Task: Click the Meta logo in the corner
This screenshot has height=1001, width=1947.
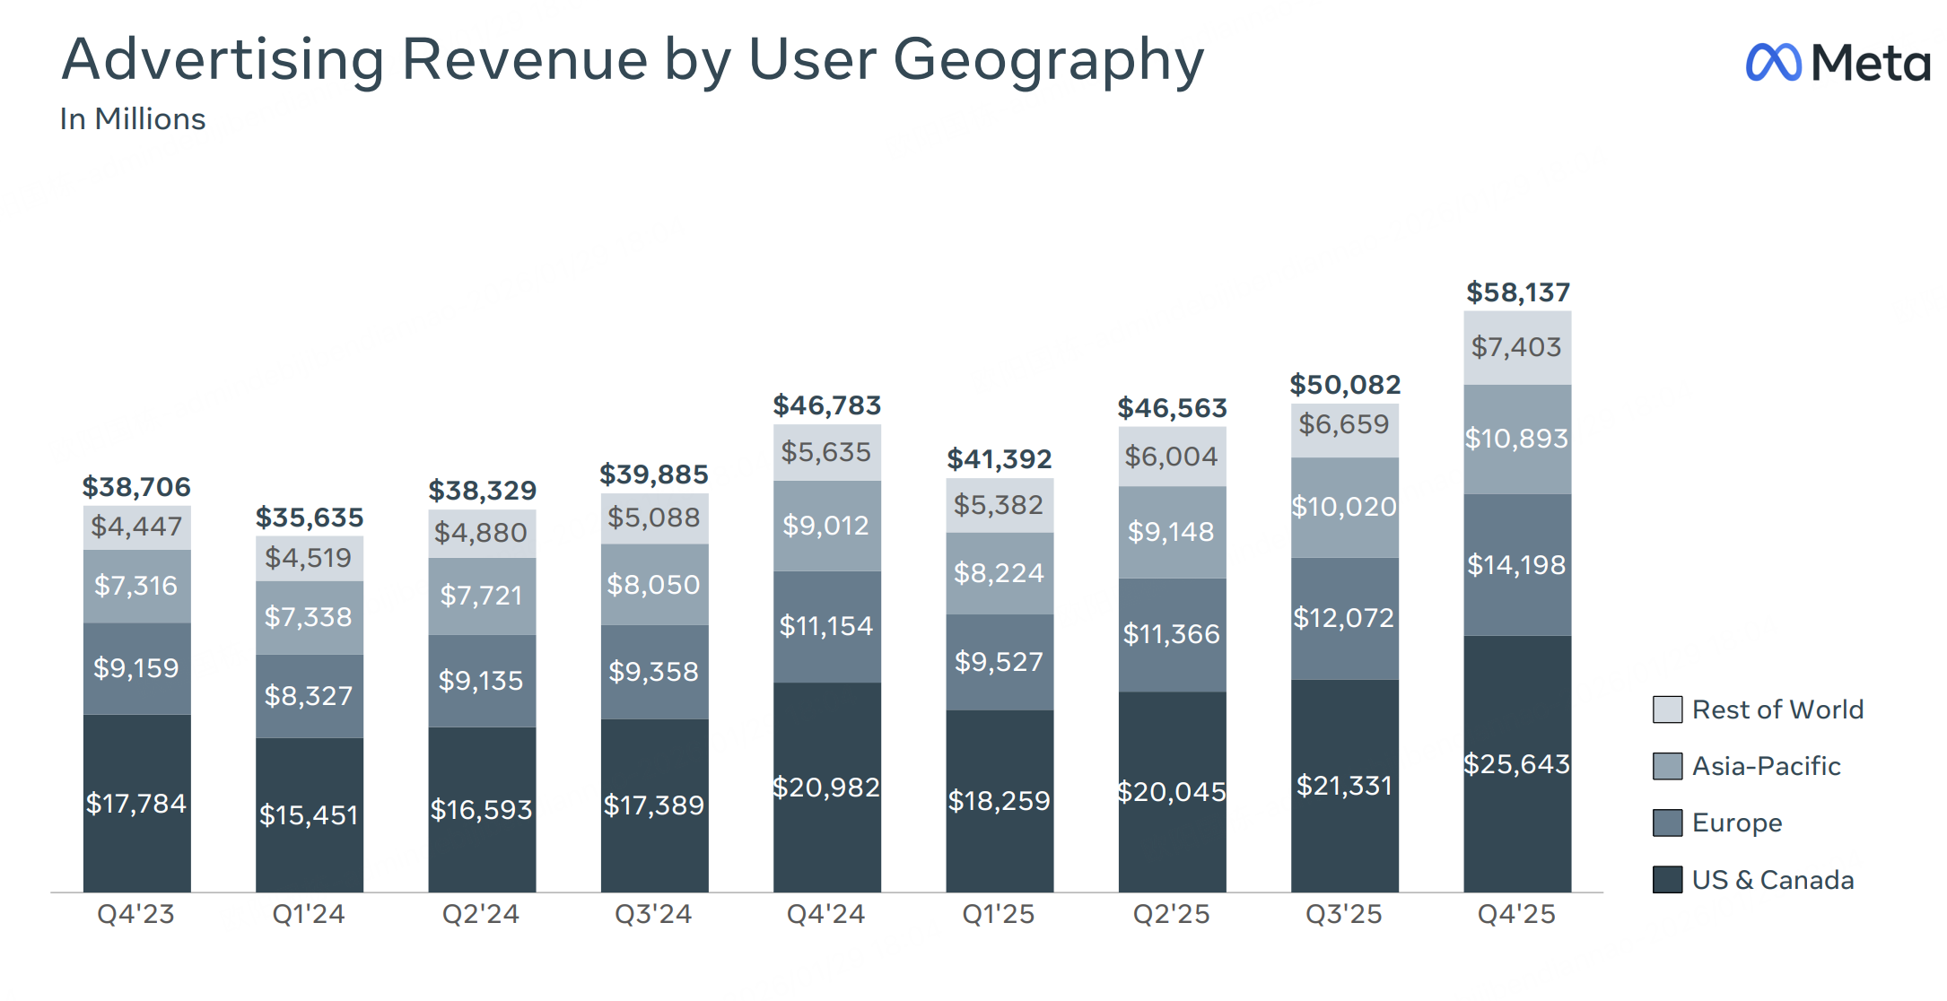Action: (1837, 62)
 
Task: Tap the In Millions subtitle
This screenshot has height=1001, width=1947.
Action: (133, 119)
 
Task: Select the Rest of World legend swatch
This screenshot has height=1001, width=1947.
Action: (1667, 709)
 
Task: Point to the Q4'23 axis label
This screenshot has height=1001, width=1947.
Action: (136, 914)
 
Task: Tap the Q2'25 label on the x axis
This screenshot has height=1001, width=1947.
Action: (1171, 914)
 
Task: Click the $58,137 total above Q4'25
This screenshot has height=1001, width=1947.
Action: (1517, 292)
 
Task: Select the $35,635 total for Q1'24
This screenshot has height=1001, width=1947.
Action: (310, 518)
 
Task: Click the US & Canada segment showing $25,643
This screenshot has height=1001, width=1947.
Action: (1517, 763)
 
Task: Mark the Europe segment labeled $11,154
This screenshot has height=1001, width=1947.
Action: (826, 626)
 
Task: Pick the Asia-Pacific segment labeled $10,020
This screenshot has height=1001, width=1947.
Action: (1344, 507)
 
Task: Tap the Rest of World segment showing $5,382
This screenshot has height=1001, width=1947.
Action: (999, 505)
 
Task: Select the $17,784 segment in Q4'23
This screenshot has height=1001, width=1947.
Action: (136, 803)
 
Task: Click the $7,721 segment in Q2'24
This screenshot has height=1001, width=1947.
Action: (482, 596)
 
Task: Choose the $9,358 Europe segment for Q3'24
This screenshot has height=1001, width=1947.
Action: (654, 672)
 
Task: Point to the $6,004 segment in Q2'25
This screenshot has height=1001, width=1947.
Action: (1171, 457)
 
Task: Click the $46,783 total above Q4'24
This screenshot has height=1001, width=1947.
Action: (826, 405)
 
